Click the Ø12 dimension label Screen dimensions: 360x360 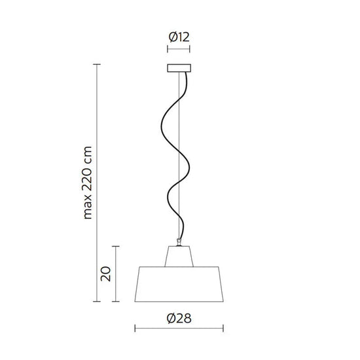179,37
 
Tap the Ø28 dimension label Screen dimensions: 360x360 179,319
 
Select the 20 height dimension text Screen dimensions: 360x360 106,274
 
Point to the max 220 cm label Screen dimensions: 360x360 88,183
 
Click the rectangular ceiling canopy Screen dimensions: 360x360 179,68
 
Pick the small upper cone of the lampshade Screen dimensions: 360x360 179,257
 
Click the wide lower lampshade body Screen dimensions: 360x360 179,284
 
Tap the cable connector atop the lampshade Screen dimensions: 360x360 179,242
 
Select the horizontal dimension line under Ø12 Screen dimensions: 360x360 179,49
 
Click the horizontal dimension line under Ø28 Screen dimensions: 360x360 179,329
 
